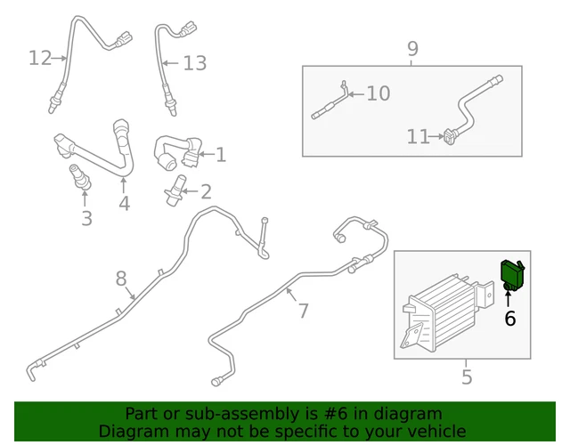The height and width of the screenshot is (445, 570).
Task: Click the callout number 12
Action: [x=40, y=58]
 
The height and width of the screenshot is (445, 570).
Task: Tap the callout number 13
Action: [x=195, y=63]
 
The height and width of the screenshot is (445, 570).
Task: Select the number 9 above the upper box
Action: [x=412, y=49]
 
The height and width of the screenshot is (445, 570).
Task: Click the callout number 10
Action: [x=379, y=93]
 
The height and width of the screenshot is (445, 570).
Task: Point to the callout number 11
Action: [x=418, y=137]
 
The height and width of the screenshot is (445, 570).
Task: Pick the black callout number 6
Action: [x=510, y=319]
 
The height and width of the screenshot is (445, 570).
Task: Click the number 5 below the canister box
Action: [x=467, y=376]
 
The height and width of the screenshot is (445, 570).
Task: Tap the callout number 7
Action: [x=303, y=311]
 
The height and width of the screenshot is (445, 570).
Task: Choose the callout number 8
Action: [x=121, y=279]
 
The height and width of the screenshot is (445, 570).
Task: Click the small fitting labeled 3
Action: [x=80, y=178]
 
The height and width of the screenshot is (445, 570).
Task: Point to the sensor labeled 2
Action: [x=175, y=190]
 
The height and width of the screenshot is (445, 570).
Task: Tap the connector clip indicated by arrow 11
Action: [x=450, y=136]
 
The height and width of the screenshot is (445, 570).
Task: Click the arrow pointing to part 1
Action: [x=207, y=154]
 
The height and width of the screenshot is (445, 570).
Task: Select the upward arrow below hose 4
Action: [x=124, y=185]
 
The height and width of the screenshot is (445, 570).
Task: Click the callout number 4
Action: [x=125, y=204]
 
